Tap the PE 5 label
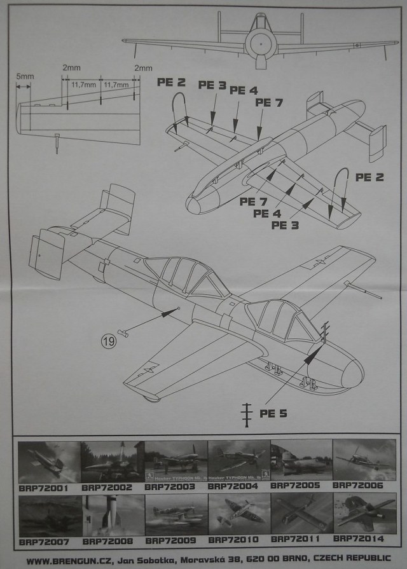tap(273, 413)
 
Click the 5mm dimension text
tap(25, 77)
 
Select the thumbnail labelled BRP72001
tap(49, 461)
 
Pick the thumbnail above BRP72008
tap(113, 515)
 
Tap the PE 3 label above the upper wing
tap(212, 85)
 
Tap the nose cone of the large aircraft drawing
tap(352, 374)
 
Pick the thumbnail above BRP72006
tap(364, 460)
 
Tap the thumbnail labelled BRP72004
tap(238, 460)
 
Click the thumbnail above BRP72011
tap(301, 515)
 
